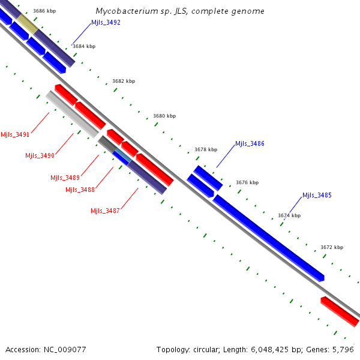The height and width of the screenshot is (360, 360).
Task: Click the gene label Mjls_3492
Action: click(x=106, y=22)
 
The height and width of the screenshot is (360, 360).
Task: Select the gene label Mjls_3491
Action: click(x=15, y=134)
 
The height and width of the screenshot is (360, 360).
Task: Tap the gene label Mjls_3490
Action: click(x=40, y=155)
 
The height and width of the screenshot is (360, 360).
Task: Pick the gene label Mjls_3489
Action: click(x=65, y=177)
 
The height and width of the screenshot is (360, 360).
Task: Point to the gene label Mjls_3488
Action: click(x=79, y=190)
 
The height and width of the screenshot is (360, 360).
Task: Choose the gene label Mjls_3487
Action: click(x=105, y=211)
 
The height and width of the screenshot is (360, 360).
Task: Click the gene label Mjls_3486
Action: click(x=250, y=143)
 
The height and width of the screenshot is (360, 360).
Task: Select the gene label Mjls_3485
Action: click(x=317, y=195)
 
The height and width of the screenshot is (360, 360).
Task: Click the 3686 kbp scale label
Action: click(x=45, y=11)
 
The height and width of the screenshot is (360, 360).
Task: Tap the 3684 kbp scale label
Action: click(x=84, y=46)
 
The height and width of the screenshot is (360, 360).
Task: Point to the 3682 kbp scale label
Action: click(x=124, y=81)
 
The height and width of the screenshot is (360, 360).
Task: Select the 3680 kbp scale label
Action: click(x=164, y=116)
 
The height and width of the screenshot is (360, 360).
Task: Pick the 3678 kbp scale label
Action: click(x=206, y=149)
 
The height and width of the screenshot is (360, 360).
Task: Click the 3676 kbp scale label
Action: click(x=247, y=182)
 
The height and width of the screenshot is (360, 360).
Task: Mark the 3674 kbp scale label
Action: click(x=289, y=215)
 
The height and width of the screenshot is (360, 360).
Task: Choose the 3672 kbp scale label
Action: click(x=332, y=247)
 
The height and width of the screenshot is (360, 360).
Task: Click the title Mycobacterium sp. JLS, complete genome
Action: click(x=180, y=11)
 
